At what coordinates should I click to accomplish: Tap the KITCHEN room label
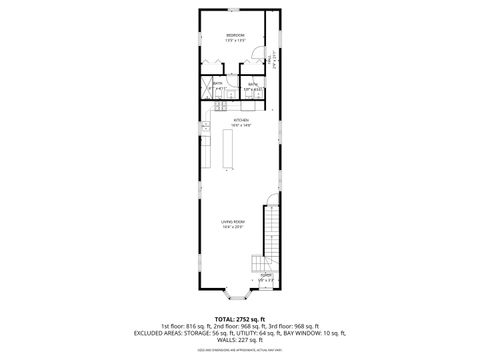[240, 121]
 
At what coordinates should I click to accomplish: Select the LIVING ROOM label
[234, 223]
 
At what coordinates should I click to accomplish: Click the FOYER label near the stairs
[266, 276]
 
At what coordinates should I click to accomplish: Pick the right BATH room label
[253, 87]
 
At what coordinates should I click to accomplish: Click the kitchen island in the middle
[227, 150]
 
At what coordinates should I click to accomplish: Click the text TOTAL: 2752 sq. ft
[239, 318]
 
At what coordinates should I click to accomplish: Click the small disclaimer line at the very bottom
[240, 350]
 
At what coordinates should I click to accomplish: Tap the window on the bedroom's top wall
[232, 9]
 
